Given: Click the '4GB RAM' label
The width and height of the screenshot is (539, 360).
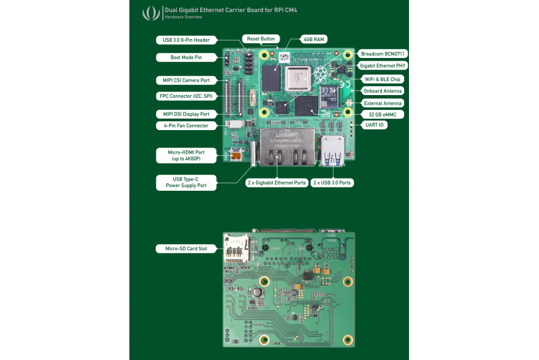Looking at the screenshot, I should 314,40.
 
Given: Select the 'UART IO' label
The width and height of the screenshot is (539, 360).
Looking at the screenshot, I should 375,126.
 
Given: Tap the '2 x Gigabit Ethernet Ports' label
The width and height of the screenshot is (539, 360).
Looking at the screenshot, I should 276,183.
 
